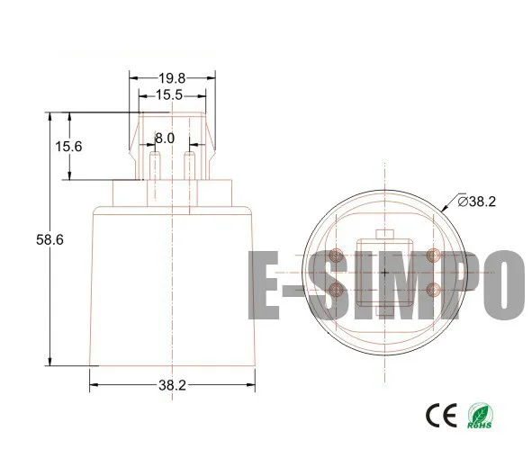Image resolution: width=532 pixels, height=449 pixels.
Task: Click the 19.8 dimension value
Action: click(173, 79)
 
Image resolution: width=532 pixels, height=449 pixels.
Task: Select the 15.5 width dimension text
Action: click(170, 94)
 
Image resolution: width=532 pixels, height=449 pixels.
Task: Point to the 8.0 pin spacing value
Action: click(165, 139)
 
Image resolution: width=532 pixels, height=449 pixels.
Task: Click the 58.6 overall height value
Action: click(50, 240)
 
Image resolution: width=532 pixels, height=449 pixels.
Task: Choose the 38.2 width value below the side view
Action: click(171, 385)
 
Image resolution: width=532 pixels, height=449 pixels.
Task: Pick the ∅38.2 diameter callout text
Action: click(477, 202)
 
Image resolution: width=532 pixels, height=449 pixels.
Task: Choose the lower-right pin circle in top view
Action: click(435, 290)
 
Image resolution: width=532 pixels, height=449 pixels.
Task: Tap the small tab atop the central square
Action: click(386, 234)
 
